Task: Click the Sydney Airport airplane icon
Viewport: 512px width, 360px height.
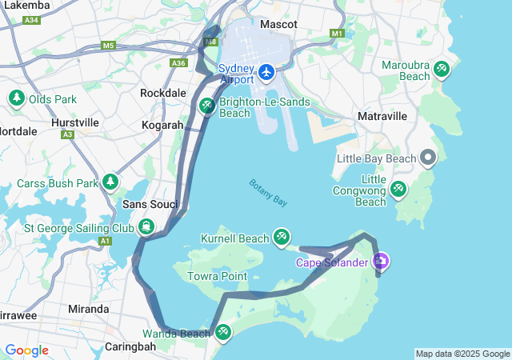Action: tap(266, 74)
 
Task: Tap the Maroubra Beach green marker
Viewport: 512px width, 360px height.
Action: tap(442, 70)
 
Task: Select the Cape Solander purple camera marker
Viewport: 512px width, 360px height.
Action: tap(381, 261)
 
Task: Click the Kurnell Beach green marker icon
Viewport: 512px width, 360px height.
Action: tap(282, 237)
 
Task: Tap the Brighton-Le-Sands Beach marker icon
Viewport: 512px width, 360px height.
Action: tap(206, 106)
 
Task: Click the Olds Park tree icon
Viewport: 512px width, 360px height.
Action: tap(16, 98)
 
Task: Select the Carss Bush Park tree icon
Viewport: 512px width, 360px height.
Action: tap(110, 182)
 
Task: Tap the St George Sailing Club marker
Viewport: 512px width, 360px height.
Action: tap(146, 227)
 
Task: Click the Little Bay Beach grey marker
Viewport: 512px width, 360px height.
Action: tap(429, 158)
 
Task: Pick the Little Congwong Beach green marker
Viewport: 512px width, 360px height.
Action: tap(398, 189)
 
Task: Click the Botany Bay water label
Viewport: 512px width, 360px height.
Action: tap(268, 193)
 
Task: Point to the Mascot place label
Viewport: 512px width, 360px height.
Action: tap(278, 25)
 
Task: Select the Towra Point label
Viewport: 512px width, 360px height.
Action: tap(217, 276)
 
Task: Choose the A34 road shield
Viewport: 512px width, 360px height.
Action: tap(31, 20)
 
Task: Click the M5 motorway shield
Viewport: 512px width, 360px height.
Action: tap(108, 46)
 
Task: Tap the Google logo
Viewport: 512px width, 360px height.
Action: tap(26, 350)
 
